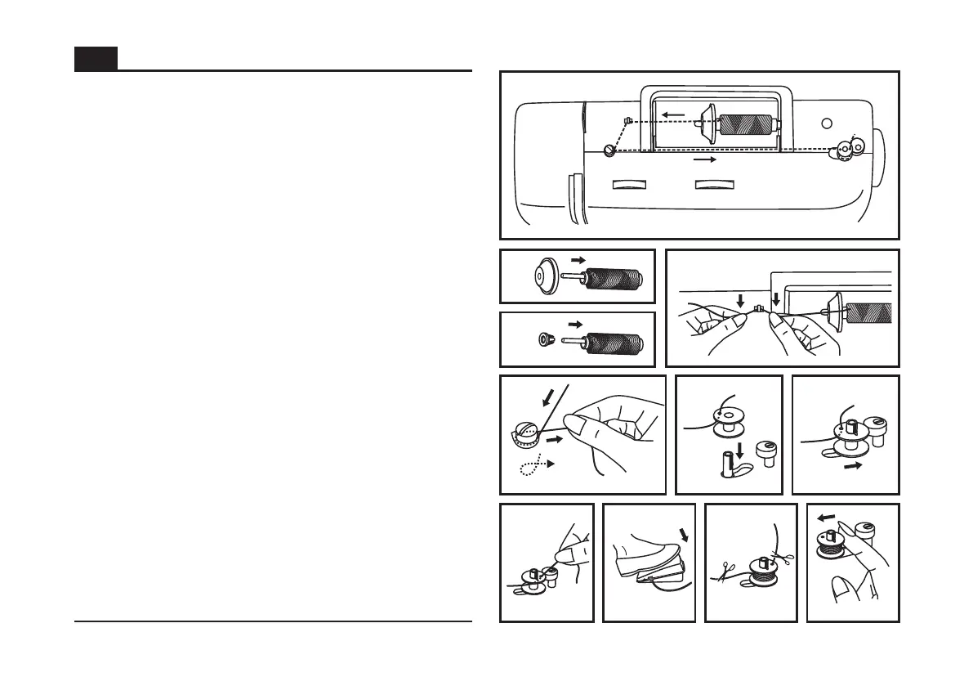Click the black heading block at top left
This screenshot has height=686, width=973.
point(96,59)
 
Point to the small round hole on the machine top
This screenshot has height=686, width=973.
point(827,123)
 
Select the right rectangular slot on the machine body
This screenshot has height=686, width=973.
point(714,185)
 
